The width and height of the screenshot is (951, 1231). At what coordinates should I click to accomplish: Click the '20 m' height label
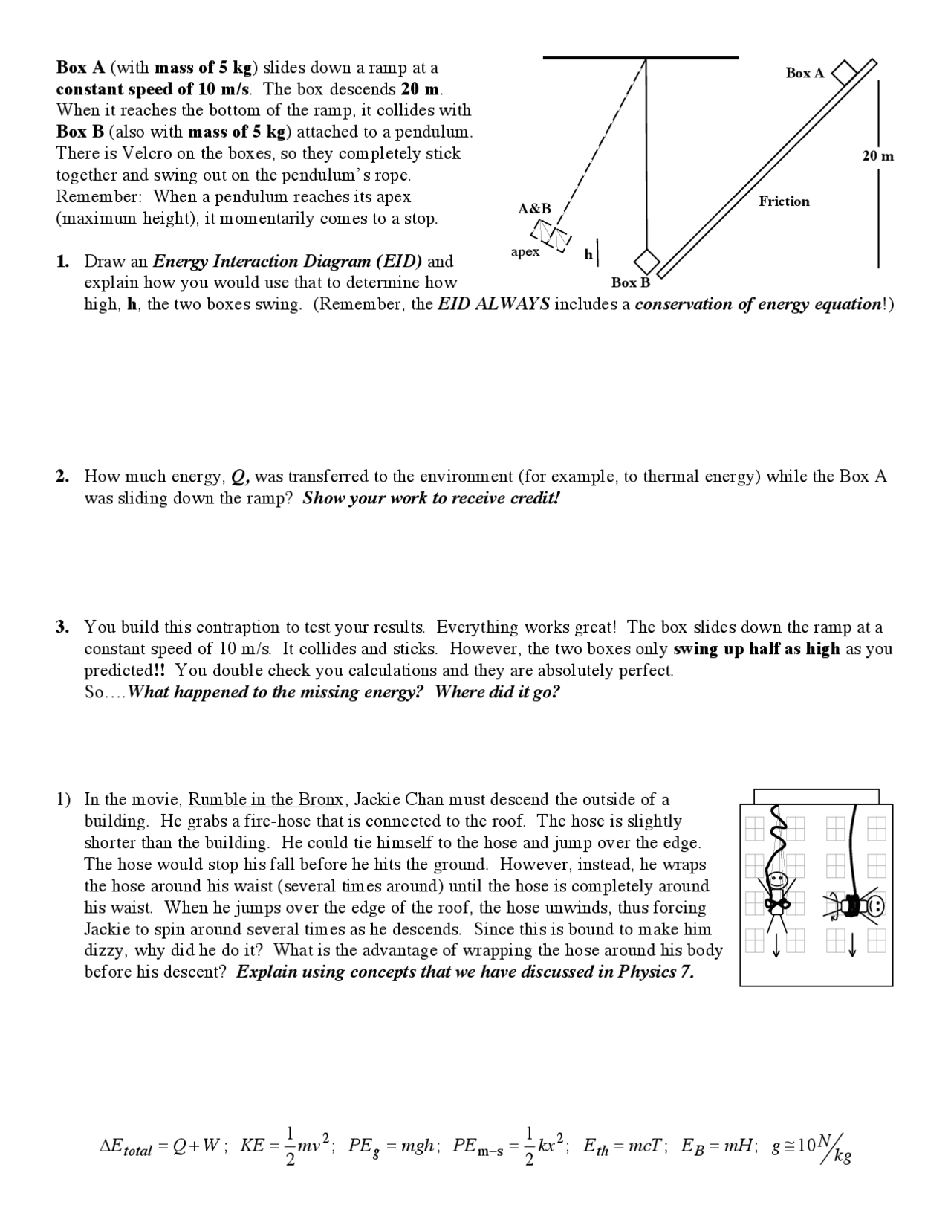point(877,156)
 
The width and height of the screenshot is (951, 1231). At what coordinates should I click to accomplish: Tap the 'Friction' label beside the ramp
point(784,201)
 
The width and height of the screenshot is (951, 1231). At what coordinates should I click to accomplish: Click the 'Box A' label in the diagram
point(805,73)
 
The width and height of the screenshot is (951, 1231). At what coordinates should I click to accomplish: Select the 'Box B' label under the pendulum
point(630,282)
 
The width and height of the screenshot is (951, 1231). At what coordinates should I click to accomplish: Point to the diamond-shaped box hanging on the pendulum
point(647,262)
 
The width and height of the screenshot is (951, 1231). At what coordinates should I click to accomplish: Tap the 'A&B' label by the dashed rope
point(534,209)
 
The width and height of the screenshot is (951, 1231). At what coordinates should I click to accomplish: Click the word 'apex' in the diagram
point(525,252)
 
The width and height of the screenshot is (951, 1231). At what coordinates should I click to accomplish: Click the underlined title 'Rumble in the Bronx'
point(266,800)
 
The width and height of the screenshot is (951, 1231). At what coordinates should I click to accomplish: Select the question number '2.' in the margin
point(62,476)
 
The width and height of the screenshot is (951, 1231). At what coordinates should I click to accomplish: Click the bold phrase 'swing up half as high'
point(756,649)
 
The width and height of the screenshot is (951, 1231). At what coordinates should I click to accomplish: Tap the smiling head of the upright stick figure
point(777,879)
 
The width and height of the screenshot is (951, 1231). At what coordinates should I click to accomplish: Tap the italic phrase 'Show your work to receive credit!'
point(430,498)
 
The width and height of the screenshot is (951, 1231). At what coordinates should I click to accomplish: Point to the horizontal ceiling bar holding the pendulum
point(640,57)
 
